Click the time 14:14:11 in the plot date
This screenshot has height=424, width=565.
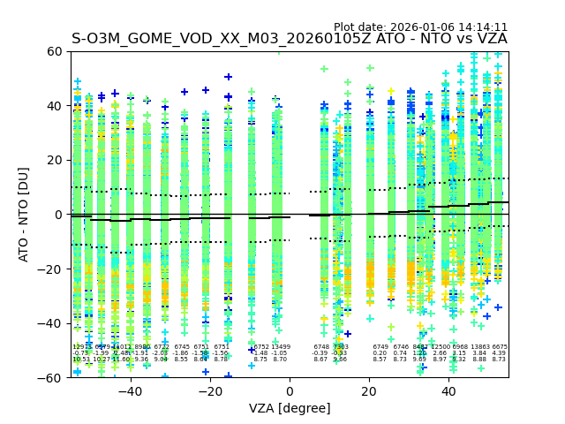pyautogui.click(x=479, y=27)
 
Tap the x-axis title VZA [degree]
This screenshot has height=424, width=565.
pyautogui.click(x=290, y=408)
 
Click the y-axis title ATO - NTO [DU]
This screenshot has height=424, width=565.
pyautogui.click(x=25, y=215)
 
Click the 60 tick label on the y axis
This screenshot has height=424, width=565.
pyautogui.click(x=55, y=51)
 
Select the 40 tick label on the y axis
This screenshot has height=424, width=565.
pyautogui.click(x=55, y=106)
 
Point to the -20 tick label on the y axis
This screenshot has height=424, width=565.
pyautogui.click(x=51, y=269)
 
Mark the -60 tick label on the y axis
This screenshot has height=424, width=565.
pyautogui.click(x=51, y=377)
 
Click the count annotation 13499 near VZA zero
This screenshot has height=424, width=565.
pyautogui.click(x=280, y=347)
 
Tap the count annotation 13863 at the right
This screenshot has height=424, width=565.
pyautogui.click(x=479, y=347)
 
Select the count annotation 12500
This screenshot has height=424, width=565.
pyautogui.click(x=440, y=347)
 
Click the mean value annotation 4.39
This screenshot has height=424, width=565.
pyautogui.click(x=499, y=353)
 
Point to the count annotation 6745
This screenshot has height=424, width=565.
pyautogui.click(x=182, y=347)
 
